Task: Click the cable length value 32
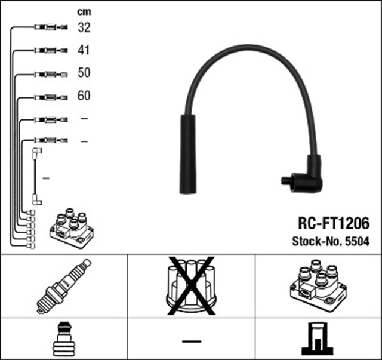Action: point(84,27)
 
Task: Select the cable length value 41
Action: point(84,50)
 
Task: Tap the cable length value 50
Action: point(84,73)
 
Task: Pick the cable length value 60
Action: point(84,96)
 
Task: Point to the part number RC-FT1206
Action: point(334,224)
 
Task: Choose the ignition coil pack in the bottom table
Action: point(318,285)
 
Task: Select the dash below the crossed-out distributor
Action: point(191,340)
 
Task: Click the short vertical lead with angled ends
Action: point(36,178)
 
